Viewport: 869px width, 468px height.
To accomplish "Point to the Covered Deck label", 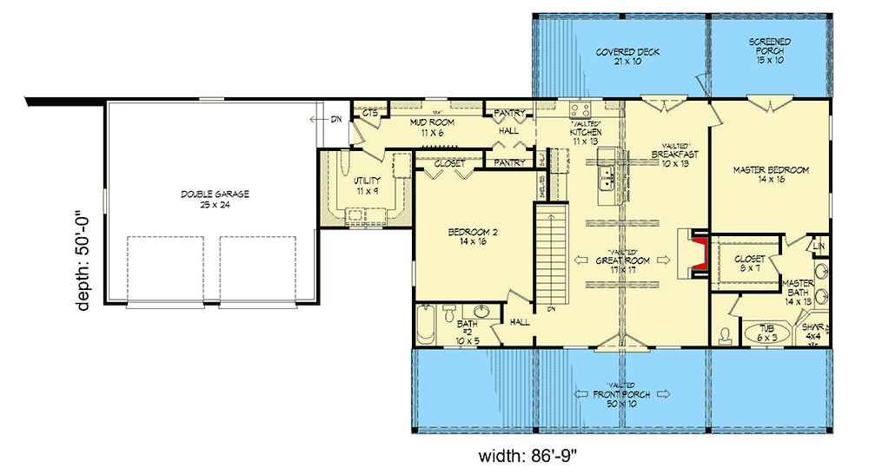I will [x=627, y=57].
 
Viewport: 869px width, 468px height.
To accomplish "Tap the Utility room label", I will [x=369, y=184].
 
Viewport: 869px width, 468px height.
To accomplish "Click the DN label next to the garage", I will [x=335, y=120].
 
